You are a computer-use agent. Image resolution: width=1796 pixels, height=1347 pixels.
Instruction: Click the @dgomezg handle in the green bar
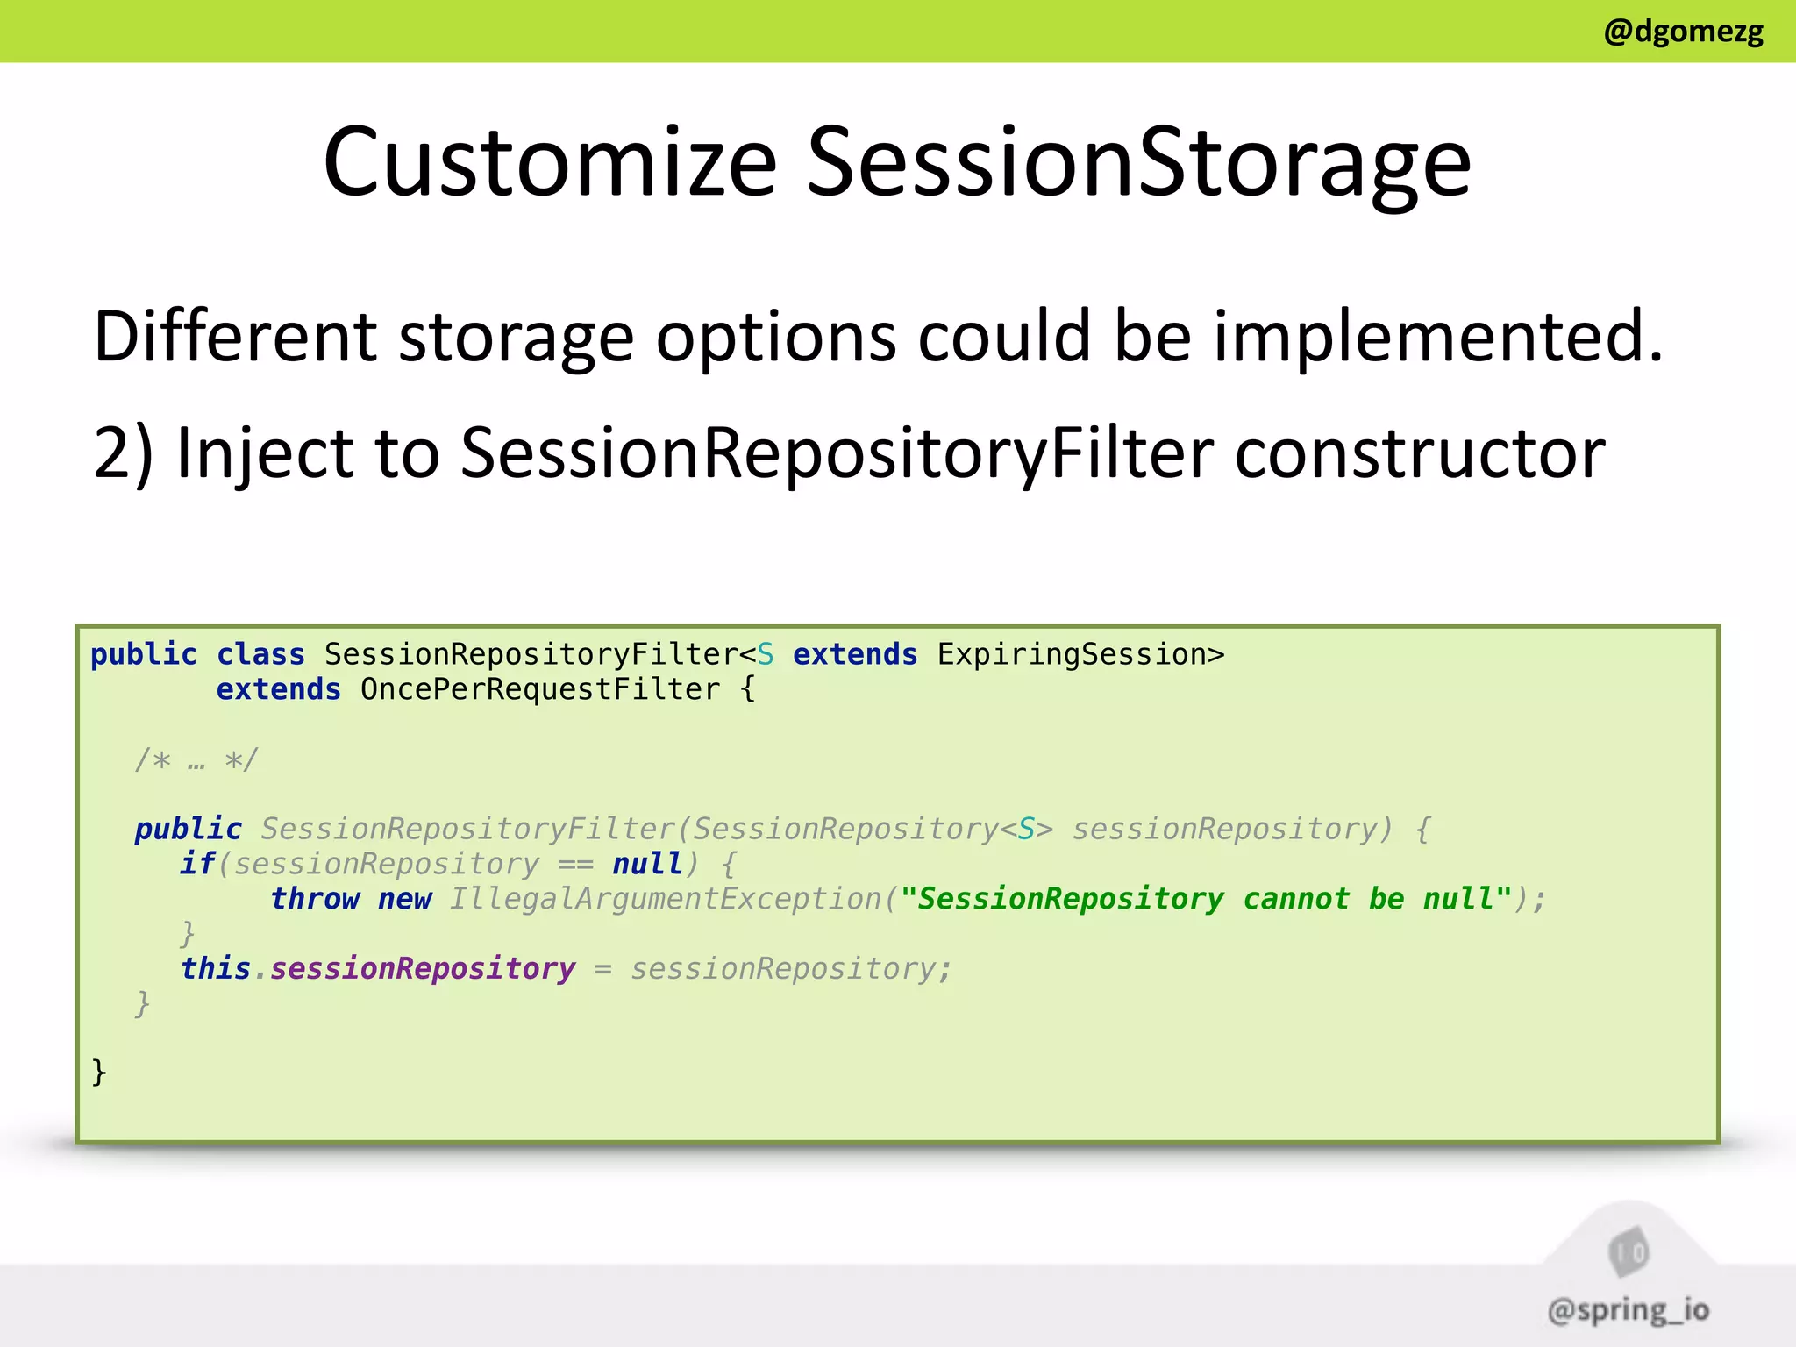(x=1683, y=32)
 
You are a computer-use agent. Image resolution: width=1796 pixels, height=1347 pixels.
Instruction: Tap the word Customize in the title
(x=550, y=162)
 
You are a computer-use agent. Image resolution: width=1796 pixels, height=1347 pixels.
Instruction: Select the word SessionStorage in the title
(x=1138, y=162)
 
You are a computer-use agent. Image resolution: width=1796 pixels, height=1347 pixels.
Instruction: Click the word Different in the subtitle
(x=235, y=337)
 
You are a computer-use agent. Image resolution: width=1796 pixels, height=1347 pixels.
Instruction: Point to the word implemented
(x=1437, y=337)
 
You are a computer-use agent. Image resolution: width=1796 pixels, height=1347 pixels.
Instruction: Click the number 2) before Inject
(x=123, y=453)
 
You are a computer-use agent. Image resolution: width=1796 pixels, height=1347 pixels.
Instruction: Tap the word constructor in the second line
(x=1420, y=453)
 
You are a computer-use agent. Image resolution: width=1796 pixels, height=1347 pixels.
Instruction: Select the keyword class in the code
(x=260, y=654)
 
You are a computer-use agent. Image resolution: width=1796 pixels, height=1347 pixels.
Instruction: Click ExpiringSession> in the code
(x=1080, y=654)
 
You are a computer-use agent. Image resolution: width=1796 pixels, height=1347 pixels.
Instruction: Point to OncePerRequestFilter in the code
(x=539, y=689)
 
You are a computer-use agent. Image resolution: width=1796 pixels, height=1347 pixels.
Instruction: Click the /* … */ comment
(x=196, y=759)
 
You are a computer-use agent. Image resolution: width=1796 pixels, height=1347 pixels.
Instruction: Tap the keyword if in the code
(x=197, y=864)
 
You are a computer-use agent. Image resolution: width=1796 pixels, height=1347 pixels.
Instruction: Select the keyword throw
(x=315, y=899)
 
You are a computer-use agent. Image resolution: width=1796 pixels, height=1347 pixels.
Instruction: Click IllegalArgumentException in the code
(x=666, y=899)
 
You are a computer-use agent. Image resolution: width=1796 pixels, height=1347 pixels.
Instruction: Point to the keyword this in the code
(x=216, y=968)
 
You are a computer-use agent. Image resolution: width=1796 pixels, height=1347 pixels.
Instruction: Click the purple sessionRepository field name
(x=423, y=968)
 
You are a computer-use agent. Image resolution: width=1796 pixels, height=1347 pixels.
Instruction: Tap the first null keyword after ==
(x=647, y=864)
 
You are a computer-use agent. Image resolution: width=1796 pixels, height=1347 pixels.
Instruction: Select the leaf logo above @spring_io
(x=1629, y=1251)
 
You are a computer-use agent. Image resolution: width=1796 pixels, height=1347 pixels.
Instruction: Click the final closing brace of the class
(x=99, y=1072)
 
